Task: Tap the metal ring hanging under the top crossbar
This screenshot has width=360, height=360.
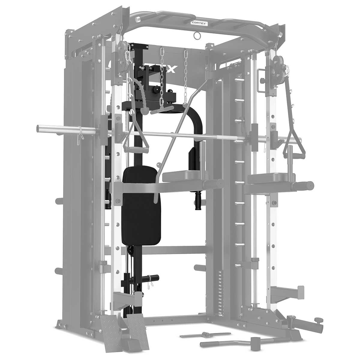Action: tap(197, 36)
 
